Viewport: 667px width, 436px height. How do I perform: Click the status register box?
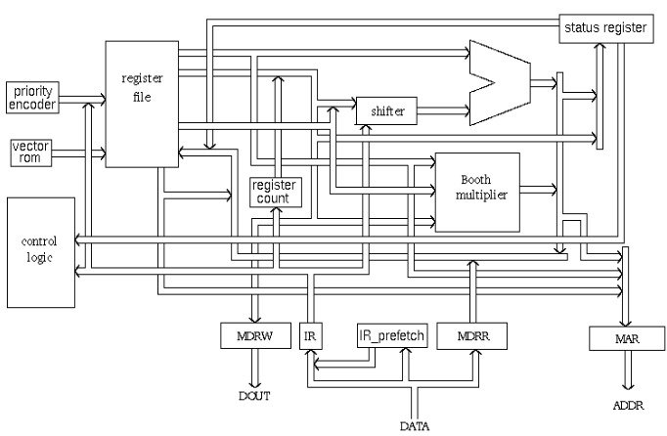(x=603, y=28)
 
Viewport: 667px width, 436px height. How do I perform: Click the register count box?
(x=276, y=193)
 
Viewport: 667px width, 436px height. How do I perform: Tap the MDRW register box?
(x=254, y=335)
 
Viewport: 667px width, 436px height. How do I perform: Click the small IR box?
(x=310, y=335)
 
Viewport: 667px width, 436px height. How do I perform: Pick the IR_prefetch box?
(x=392, y=335)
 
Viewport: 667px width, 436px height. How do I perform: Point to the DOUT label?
(x=253, y=396)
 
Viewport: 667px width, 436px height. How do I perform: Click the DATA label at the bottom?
(x=416, y=425)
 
